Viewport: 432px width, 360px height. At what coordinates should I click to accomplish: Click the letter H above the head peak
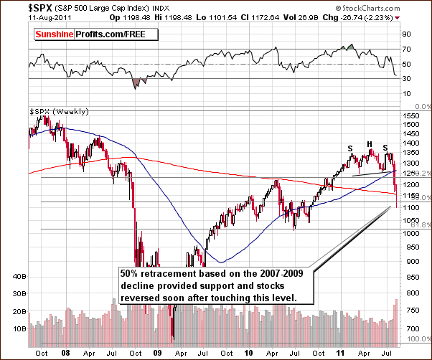pyautogui.click(x=370, y=143)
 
